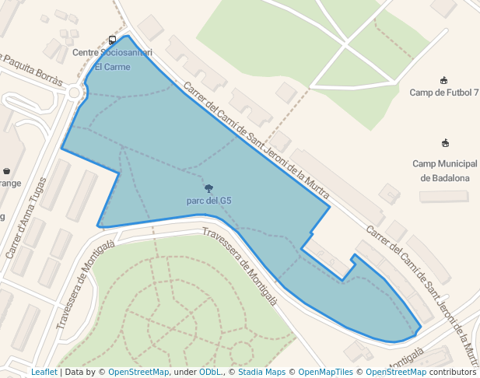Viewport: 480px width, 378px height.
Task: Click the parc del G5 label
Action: (x=208, y=201)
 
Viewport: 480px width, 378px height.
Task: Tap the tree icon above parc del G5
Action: (x=208, y=187)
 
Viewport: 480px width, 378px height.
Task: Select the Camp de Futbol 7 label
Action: (x=444, y=93)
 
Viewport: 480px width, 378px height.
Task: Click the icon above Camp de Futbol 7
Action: (x=444, y=80)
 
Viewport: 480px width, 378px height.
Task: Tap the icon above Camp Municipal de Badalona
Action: (x=445, y=143)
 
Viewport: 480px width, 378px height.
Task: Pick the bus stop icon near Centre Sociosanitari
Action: (x=113, y=40)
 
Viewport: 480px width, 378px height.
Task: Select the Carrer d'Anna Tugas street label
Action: (x=26, y=219)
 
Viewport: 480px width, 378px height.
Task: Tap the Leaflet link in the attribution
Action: (x=44, y=373)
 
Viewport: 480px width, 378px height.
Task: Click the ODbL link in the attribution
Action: (x=210, y=373)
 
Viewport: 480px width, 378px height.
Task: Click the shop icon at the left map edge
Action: (x=6, y=171)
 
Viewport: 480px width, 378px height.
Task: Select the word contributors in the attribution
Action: (x=453, y=373)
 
